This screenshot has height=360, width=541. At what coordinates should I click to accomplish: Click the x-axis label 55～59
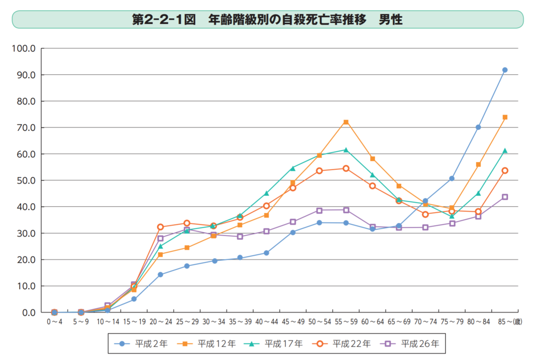point(346,323)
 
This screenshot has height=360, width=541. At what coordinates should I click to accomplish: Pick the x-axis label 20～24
point(160,323)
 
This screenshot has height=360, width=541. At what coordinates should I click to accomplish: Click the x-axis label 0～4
point(55,323)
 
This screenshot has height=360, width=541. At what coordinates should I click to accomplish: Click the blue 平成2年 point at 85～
point(505,70)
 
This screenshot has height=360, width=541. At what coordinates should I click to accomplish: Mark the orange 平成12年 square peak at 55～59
point(346,122)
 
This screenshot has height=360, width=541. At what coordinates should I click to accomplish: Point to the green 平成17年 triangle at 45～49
point(293,168)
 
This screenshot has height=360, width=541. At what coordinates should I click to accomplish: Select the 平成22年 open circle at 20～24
point(160,227)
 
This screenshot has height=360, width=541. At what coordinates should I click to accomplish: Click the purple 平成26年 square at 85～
point(505,197)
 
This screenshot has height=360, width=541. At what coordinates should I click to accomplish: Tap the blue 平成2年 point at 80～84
point(478,127)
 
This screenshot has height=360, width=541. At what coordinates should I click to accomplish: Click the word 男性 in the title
point(390,20)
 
